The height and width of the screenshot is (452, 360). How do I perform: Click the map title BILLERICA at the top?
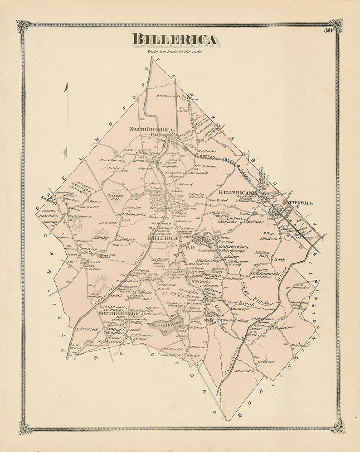pyautogui.click(x=175, y=39)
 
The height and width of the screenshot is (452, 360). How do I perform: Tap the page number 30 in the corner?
pyautogui.click(x=328, y=31)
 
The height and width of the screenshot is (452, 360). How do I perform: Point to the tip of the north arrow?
pyautogui.click(x=66, y=84)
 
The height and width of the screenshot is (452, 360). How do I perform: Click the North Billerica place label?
pyautogui.click(x=151, y=130)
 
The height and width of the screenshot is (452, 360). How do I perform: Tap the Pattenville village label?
pyautogui.click(x=297, y=203)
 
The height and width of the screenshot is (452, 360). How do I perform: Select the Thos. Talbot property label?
pyautogui.click(x=217, y=200)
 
